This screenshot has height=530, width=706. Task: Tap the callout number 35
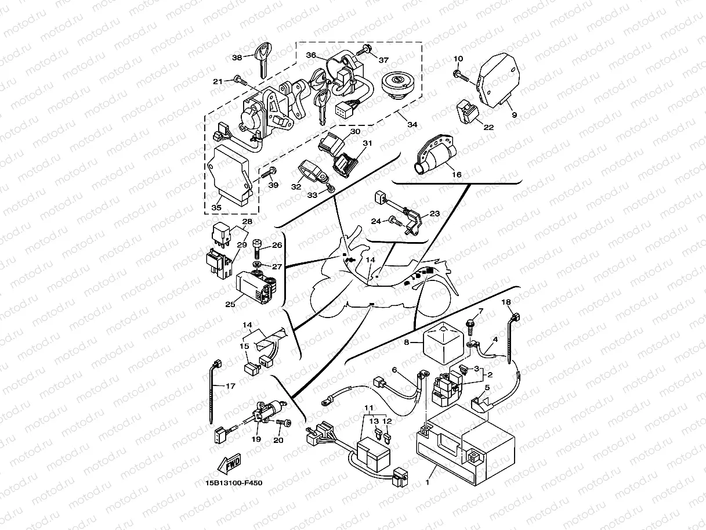pyautogui.click(x=216, y=207)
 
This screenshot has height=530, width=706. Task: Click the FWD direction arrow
pyautogui.click(x=230, y=464)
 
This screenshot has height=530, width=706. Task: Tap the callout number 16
pyautogui.click(x=457, y=174)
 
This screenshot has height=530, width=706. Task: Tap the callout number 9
pyautogui.click(x=514, y=115)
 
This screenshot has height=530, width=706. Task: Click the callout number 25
pyautogui.click(x=230, y=303)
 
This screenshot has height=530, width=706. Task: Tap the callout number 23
pyautogui.click(x=435, y=214)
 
